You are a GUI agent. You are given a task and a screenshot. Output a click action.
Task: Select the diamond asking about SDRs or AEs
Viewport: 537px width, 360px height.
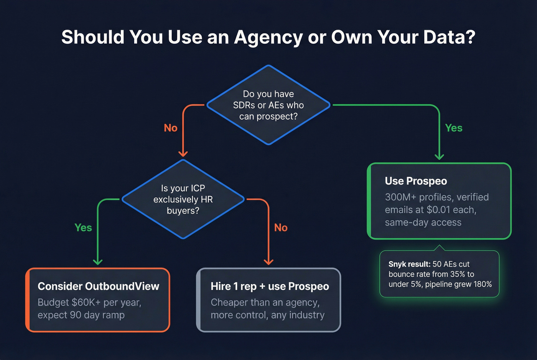click(268, 105)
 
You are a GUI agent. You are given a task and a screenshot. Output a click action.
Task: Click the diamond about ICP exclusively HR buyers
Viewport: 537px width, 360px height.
click(183, 199)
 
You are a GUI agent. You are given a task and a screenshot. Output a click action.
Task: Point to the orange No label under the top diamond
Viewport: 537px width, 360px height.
click(171, 128)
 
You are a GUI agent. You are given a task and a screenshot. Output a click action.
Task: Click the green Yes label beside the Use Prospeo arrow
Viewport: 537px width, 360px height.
click(454, 128)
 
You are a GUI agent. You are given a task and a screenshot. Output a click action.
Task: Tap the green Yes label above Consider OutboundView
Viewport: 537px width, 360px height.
click(83, 228)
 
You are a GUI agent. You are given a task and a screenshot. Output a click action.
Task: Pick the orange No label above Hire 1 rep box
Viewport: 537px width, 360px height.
click(281, 228)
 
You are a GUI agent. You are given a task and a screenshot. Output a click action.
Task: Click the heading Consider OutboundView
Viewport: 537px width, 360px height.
click(99, 286)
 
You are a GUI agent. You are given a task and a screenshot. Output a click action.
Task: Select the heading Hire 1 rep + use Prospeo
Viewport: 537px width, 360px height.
click(270, 286)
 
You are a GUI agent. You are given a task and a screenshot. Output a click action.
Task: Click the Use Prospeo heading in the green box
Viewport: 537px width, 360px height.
click(416, 181)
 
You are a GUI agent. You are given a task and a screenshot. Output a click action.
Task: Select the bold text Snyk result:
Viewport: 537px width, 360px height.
click(409, 264)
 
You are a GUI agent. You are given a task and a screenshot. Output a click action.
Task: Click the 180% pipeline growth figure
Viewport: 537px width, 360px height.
click(483, 284)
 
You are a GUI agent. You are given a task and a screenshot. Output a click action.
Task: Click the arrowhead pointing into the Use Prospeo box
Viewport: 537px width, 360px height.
click(439, 156)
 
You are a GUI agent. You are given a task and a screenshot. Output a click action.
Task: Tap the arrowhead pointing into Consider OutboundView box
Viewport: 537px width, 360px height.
click(98, 262)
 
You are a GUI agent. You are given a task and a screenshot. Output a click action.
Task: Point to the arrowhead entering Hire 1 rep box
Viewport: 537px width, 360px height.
click(268, 262)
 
